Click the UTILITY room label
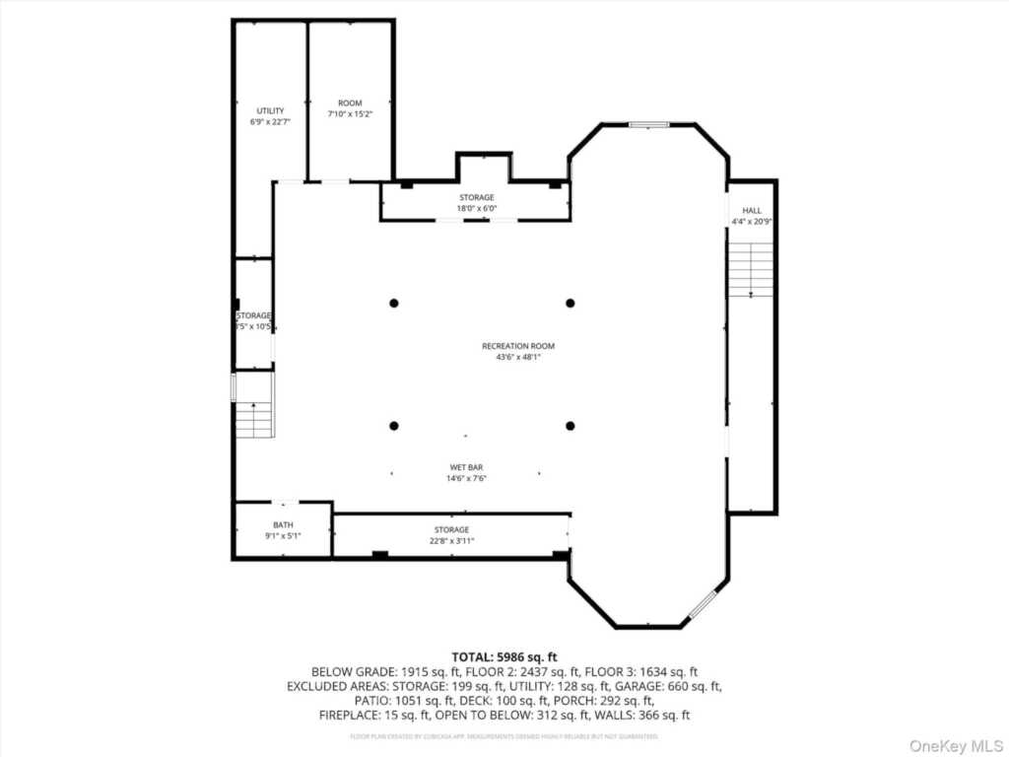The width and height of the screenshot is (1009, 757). (x=270, y=110)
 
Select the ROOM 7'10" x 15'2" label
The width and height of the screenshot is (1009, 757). (x=350, y=103)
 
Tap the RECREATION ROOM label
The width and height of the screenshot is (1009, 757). (x=518, y=346)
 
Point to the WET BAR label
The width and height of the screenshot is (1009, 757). (x=466, y=467)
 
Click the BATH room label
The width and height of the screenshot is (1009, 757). (x=283, y=524)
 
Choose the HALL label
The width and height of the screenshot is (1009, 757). (x=752, y=210)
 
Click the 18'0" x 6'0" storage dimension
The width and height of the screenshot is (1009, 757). (x=476, y=208)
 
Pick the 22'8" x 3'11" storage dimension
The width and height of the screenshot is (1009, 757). (x=452, y=541)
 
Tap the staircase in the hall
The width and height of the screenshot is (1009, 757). (x=751, y=268)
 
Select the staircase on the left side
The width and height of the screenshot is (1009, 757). (x=254, y=419)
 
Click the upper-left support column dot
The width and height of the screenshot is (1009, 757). (x=394, y=303)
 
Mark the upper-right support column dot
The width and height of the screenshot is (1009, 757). (x=570, y=303)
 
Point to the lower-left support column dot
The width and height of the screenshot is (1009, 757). (x=394, y=426)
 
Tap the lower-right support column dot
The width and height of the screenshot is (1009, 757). (x=570, y=426)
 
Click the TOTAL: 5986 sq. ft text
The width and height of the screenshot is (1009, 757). (x=504, y=655)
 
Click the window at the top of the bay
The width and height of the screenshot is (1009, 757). (x=648, y=125)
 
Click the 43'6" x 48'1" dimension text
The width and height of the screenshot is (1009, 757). (x=518, y=357)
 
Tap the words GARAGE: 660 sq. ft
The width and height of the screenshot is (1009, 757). (x=681, y=685)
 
